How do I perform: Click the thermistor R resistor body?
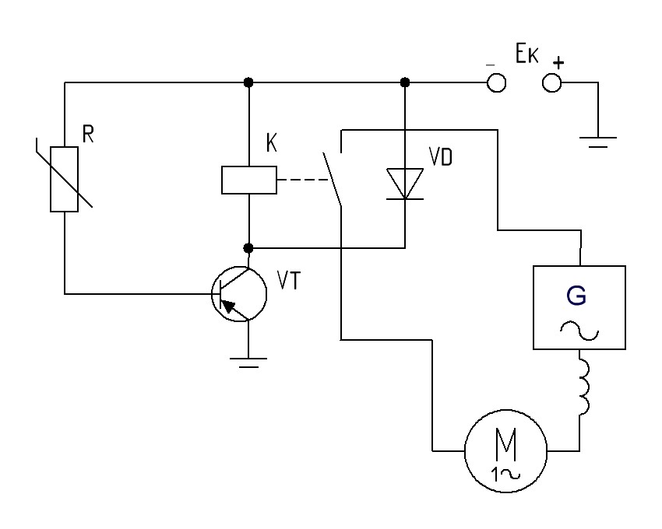pos(64,179)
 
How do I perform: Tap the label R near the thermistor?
pos(88,135)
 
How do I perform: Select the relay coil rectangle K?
pos(249,180)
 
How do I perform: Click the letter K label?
pos(272,143)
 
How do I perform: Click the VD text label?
pos(440,157)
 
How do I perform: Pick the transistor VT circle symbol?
pos(239,294)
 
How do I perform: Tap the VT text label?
pos(289,280)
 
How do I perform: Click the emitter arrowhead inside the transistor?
pos(228,306)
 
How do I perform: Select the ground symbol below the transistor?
pos(248,363)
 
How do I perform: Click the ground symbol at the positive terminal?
pos(598,142)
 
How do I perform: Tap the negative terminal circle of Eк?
pos(497,82)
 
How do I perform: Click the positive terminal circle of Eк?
pos(552,82)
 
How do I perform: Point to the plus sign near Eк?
pos(558,63)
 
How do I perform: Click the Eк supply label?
pos(527,54)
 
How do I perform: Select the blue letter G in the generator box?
pos(576,296)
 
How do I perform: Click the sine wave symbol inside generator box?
pos(579,331)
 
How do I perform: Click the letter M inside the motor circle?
pos(505,446)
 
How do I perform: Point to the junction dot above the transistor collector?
pos(248,248)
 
